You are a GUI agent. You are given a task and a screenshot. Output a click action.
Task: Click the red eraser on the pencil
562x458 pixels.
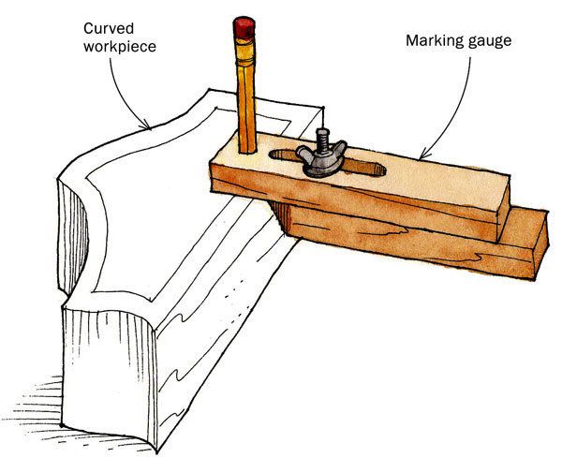pos(244,27)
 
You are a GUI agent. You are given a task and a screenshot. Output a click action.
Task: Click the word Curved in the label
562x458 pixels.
pos(109,28)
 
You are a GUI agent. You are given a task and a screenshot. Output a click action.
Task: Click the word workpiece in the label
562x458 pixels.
pos(120,48)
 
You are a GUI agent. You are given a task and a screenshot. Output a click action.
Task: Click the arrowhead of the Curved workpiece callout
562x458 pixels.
pos(146,126)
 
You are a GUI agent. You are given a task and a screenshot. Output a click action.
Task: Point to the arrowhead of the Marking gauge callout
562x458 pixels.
pos(423,155)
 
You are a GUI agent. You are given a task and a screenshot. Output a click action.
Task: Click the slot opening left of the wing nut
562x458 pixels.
pos(282,155)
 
